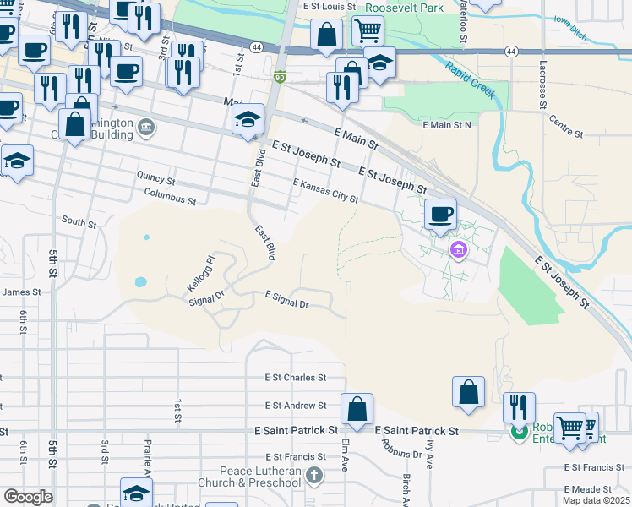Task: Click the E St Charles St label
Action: point(295,378)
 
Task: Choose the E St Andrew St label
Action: point(295,406)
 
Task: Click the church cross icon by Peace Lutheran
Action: point(315,477)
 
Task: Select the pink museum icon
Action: point(459,249)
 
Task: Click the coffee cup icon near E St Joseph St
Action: point(439,214)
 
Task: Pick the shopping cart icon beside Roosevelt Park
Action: point(368,32)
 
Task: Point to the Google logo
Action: point(27,497)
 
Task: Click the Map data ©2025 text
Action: point(596,500)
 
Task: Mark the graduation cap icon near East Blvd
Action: point(249,118)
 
